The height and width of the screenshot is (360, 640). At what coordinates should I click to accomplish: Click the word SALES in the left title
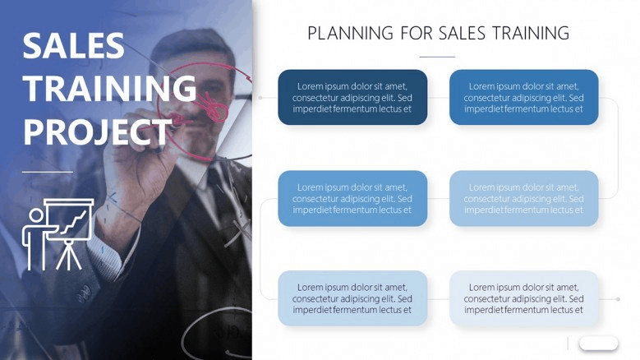coord(73,45)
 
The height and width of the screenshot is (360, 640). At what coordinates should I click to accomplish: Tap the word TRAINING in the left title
coord(110,88)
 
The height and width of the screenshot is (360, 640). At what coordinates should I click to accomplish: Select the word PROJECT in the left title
coord(98,132)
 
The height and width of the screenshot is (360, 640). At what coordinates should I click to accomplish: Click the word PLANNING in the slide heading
coord(350,33)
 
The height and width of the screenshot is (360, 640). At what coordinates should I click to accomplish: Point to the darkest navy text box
coord(352,97)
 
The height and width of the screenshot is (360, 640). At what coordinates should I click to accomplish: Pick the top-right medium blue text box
coord(523,97)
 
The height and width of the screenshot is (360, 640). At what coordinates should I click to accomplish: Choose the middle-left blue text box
coord(352,198)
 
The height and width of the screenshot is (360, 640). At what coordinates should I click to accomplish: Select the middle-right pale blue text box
coord(523,198)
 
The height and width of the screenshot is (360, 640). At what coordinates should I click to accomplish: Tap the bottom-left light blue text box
coord(352,298)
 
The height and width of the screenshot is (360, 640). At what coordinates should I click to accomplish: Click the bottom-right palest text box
coord(523,298)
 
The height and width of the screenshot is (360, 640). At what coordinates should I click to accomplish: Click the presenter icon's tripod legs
coord(69,255)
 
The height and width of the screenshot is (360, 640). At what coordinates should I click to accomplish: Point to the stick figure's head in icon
coord(36,215)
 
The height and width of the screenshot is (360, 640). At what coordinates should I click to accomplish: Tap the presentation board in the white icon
coord(68,219)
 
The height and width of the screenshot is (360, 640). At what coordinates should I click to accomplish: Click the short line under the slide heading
coord(437,57)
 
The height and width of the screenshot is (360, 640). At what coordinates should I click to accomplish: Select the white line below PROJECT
coord(48,172)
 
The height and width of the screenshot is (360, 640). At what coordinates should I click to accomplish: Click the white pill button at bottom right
coord(598,344)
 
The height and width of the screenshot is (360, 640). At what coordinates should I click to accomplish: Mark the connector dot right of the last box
coord(619,299)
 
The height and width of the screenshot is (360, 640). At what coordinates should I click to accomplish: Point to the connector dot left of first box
coord(260,98)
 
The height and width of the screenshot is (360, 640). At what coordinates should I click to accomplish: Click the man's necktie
coord(223,196)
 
